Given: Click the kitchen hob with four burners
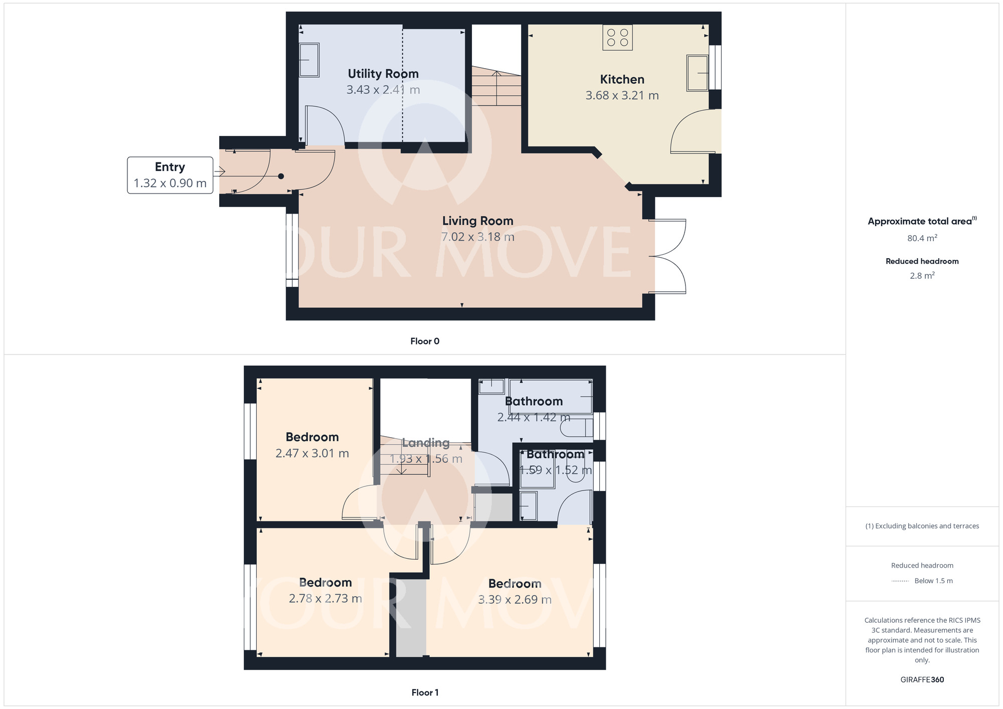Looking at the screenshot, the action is [x=617, y=37].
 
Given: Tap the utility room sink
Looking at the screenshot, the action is [x=309, y=60].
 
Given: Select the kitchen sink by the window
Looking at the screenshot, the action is [x=698, y=73].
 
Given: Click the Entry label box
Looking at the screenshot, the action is [x=170, y=175].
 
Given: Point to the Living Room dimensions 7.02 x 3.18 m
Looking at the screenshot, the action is [x=477, y=237].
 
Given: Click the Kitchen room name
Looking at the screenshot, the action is [x=622, y=79].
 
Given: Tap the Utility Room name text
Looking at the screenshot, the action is [x=383, y=74].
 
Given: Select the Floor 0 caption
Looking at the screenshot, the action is [x=425, y=341].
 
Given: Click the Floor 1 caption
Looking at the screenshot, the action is [x=425, y=692].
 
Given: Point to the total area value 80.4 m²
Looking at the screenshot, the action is [x=922, y=238].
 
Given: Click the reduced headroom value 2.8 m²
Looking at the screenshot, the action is [x=922, y=275].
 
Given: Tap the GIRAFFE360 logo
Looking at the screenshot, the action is [x=922, y=680].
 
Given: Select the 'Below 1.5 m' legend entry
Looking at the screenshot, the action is [x=933, y=581].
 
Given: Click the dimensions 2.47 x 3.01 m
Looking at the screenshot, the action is [x=312, y=453].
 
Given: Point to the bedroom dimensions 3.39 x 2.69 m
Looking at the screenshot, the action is [x=515, y=600].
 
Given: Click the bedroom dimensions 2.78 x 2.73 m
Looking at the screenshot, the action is [x=325, y=599].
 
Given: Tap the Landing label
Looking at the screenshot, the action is [x=426, y=443].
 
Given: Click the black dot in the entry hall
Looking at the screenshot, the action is [x=281, y=176].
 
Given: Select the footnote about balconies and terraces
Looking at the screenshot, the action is [x=922, y=526].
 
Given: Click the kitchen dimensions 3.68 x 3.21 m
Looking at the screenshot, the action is [x=622, y=95].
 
